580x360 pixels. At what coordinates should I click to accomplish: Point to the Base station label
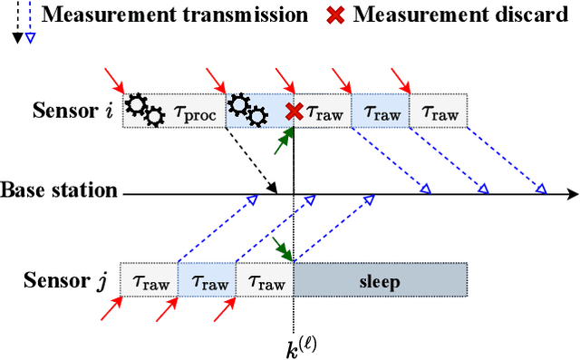click(x=59, y=191)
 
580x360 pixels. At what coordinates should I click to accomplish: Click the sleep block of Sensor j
click(x=380, y=280)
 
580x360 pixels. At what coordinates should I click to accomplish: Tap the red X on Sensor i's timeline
click(x=294, y=112)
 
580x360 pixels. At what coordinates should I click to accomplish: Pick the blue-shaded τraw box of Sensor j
click(x=206, y=280)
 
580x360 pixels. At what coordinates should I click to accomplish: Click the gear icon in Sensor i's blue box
click(x=246, y=111)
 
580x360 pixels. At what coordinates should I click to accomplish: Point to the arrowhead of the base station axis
click(x=571, y=193)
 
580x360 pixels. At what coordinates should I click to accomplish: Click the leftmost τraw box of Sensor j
click(x=149, y=280)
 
